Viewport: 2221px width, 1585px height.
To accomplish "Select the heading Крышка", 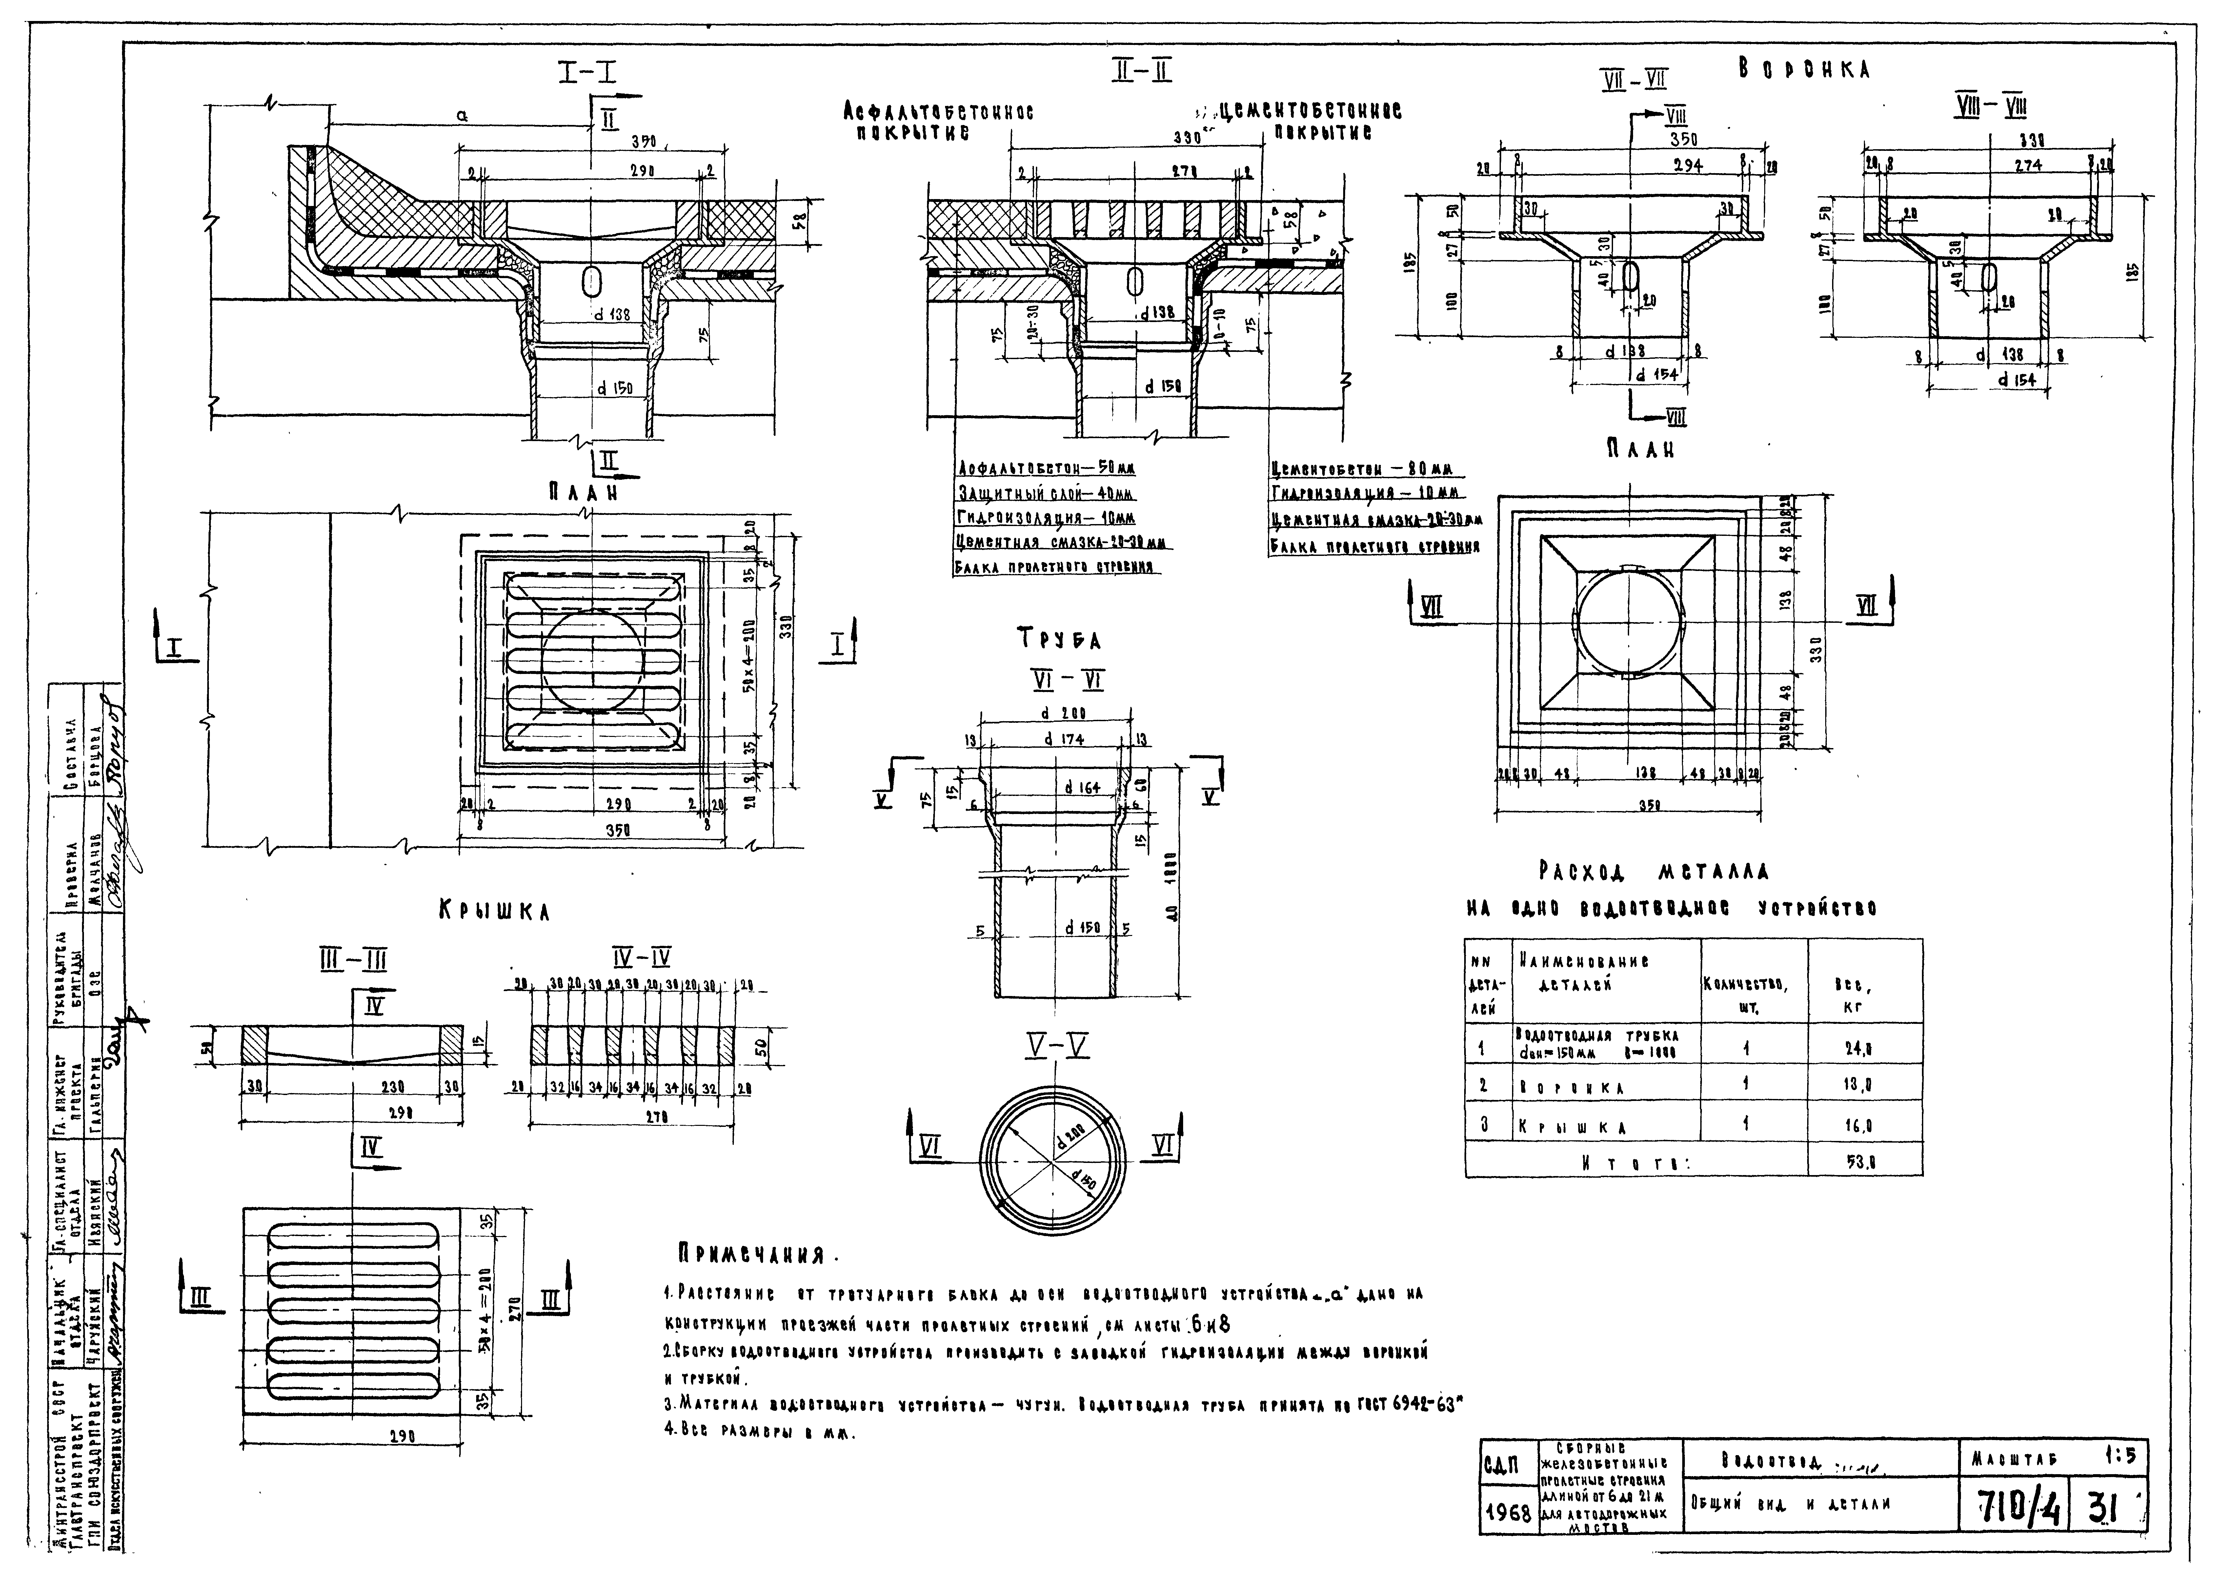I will [x=494, y=912].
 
